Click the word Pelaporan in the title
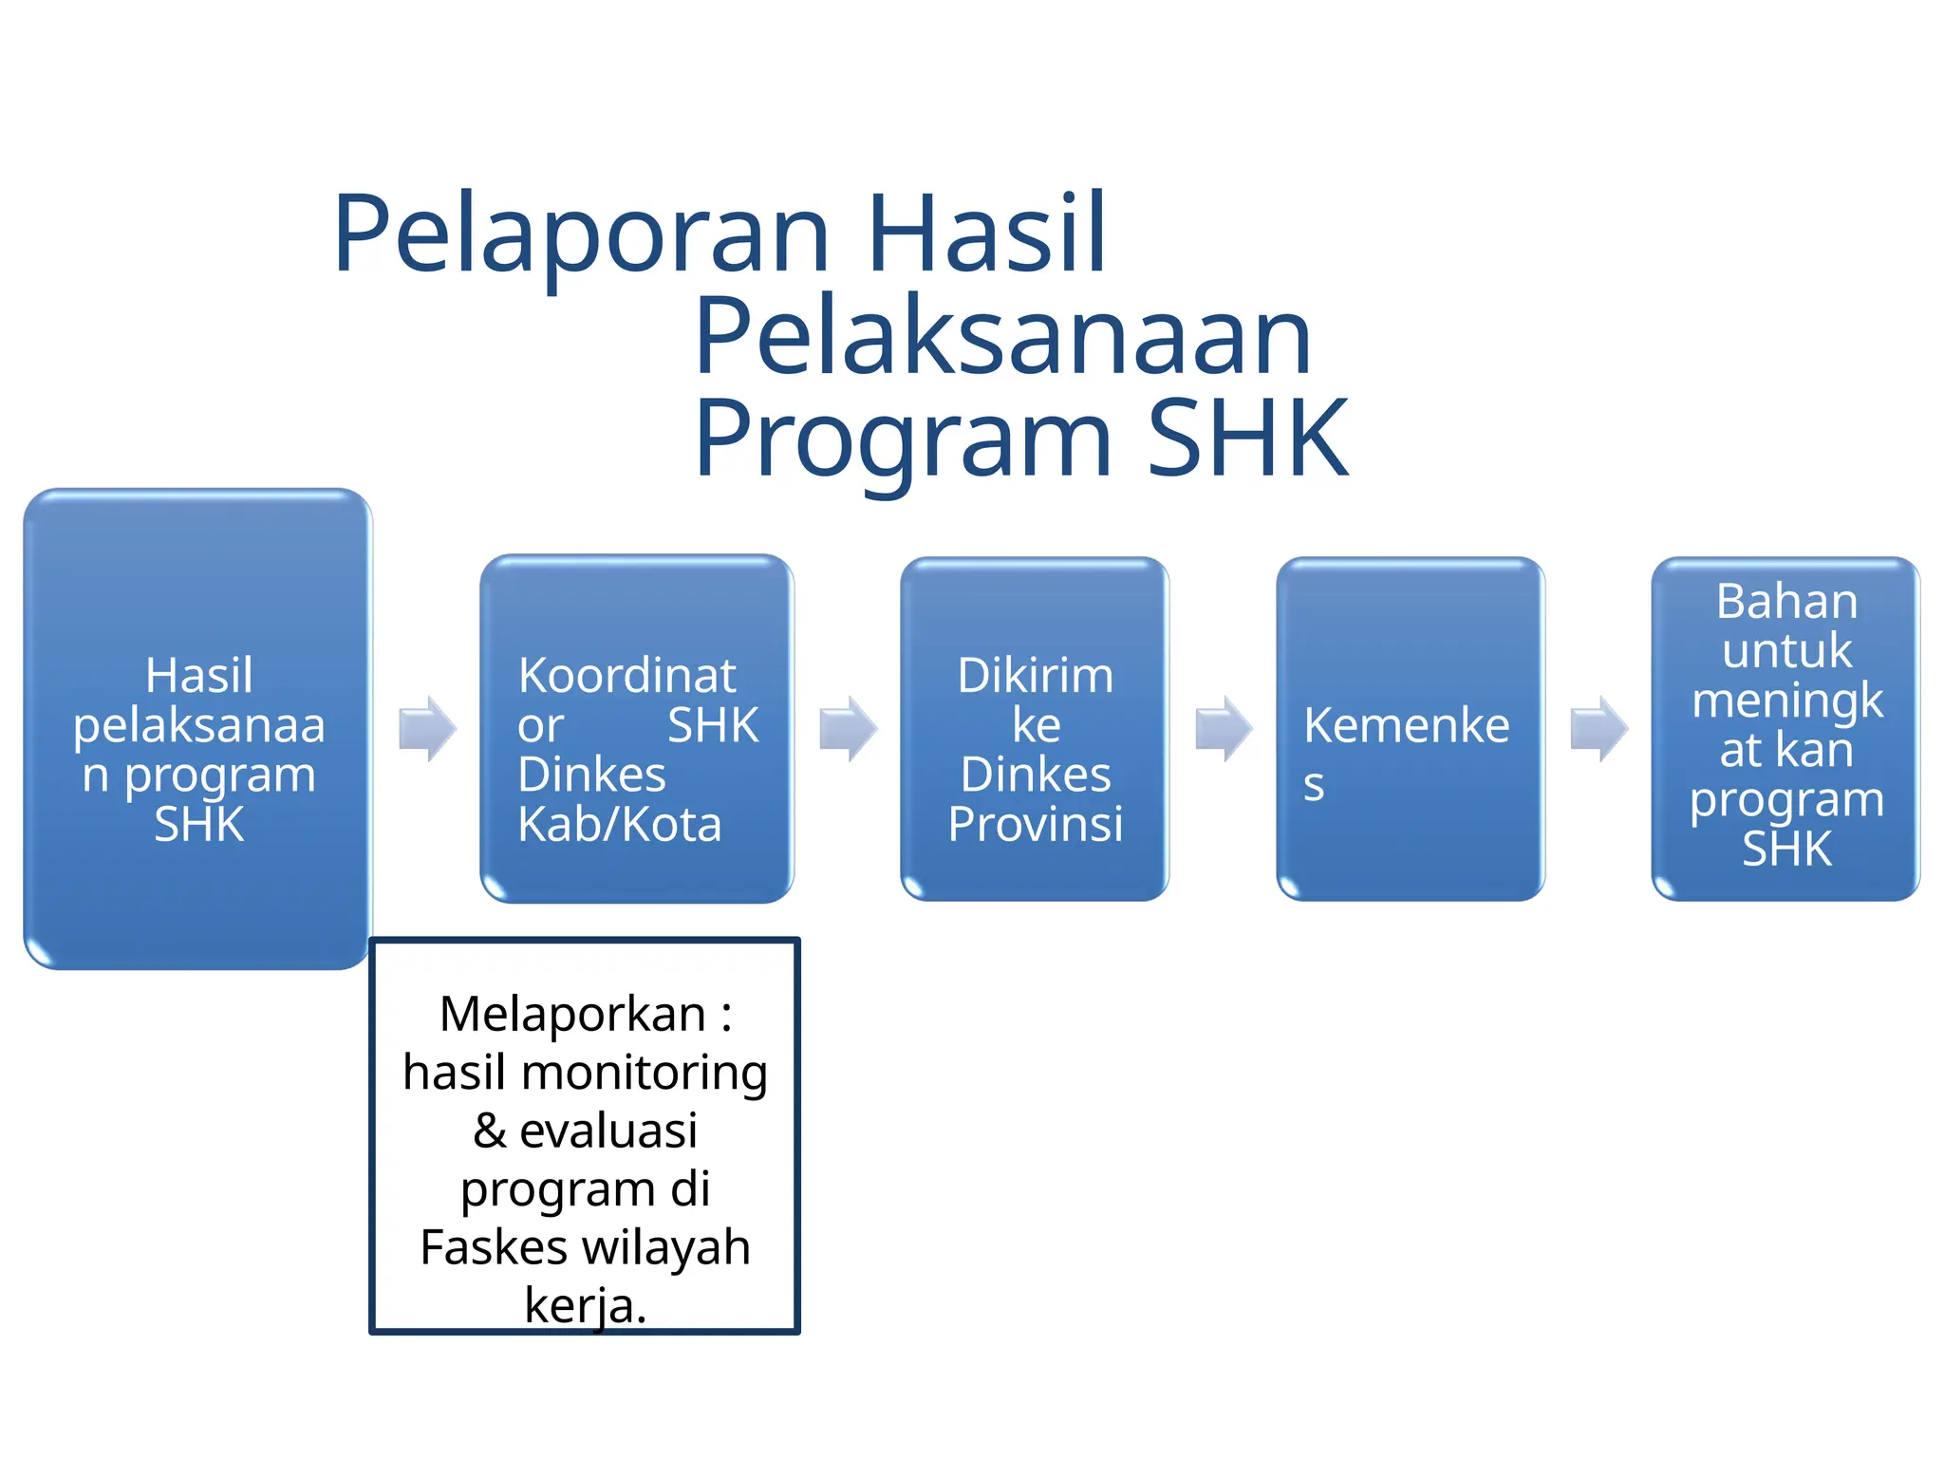coord(581,235)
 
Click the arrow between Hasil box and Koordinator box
coord(427,729)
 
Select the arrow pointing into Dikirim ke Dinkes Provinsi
coord(848,729)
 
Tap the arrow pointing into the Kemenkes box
coord(1224,729)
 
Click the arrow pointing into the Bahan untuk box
coord(1598,729)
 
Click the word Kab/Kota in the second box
coord(619,824)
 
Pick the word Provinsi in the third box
coord(1035,824)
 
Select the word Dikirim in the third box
coord(1035,676)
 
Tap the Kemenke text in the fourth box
coord(1406,726)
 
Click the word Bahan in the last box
coord(1785,602)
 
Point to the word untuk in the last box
coord(1785,651)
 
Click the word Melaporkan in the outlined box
coord(572,1014)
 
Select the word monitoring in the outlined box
coord(644,1073)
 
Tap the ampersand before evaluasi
coord(489,1131)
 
